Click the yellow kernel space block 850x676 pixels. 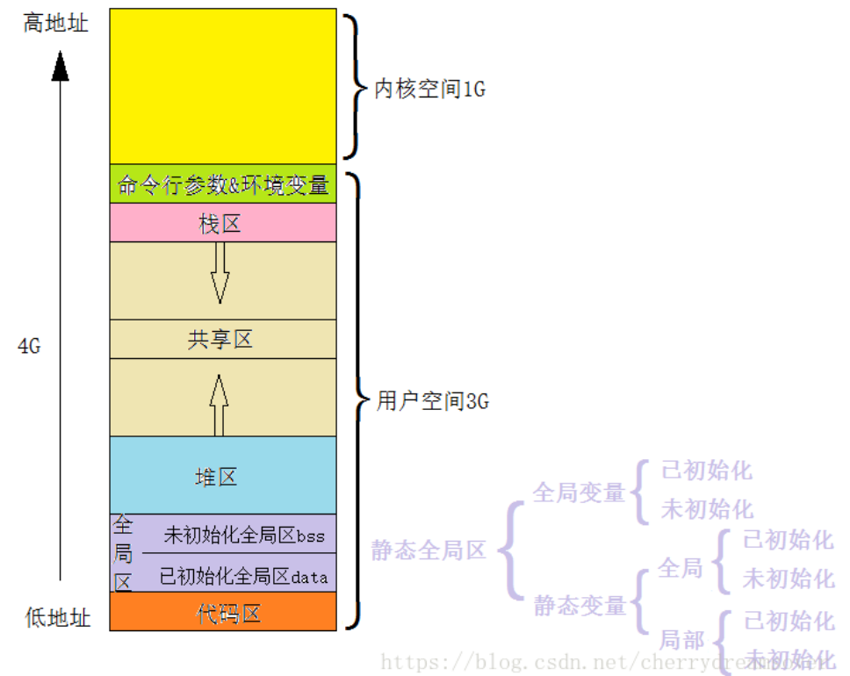[x=222, y=86]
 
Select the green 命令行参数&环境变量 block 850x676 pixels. [x=222, y=184]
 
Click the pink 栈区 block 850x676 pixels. [x=222, y=224]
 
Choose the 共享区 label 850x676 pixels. [x=220, y=339]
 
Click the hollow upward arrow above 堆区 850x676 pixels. [x=219, y=404]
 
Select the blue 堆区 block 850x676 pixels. [x=222, y=476]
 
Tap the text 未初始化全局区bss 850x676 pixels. [x=244, y=535]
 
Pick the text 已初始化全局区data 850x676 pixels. [x=243, y=576]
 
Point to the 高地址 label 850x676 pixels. [x=56, y=23]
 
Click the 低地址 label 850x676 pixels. [x=57, y=618]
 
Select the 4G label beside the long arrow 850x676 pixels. [x=29, y=346]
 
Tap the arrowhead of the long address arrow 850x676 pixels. [x=60, y=66]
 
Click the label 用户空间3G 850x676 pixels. [x=432, y=402]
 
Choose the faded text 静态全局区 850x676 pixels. [x=429, y=550]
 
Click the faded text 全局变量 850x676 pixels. [x=578, y=493]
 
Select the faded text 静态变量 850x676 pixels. [x=580, y=606]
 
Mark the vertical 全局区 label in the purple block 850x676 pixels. [x=123, y=553]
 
